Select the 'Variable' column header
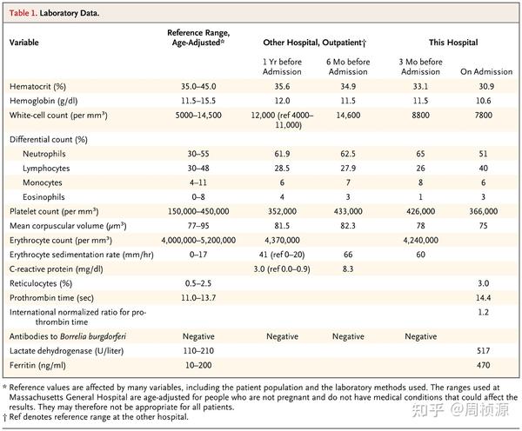[29, 40]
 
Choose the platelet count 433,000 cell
[348, 209]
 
